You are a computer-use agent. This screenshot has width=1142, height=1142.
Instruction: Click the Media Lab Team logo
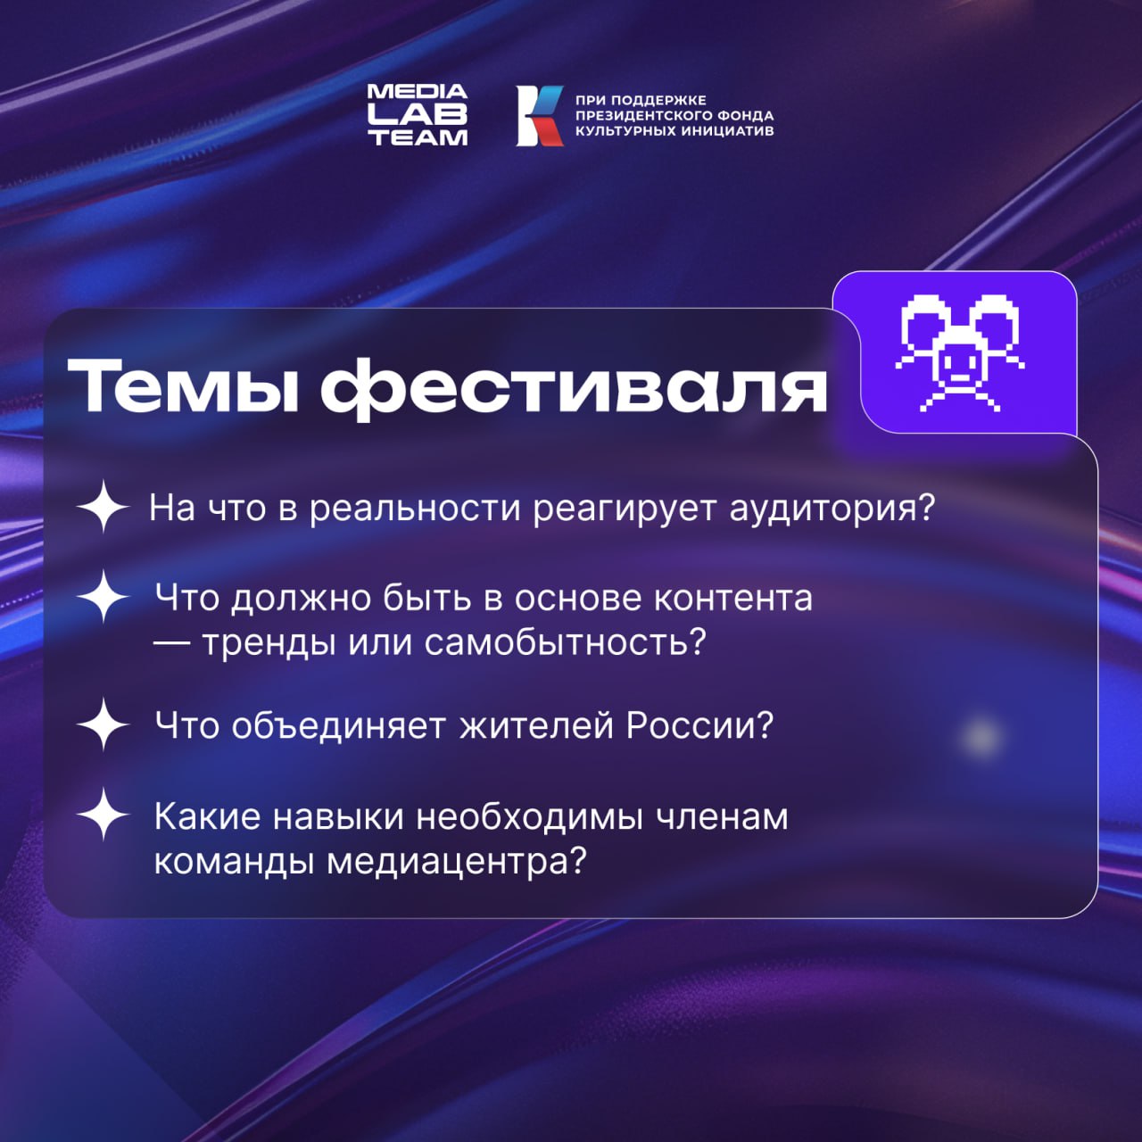(417, 115)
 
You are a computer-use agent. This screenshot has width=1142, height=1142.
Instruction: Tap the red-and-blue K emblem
(540, 115)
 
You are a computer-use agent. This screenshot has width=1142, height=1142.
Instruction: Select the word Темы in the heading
(183, 386)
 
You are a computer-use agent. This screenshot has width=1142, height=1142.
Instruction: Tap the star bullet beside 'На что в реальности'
(103, 507)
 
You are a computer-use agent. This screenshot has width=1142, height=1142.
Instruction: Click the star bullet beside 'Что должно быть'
(103, 596)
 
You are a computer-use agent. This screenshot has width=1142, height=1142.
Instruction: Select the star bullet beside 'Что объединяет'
(103, 724)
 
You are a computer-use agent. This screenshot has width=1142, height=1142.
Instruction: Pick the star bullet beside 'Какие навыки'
(103, 814)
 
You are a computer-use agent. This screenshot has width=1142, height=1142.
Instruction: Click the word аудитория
(832, 509)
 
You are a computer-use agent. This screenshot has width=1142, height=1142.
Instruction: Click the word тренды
(268, 642)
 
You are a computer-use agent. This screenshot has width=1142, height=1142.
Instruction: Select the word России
(699, 725)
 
